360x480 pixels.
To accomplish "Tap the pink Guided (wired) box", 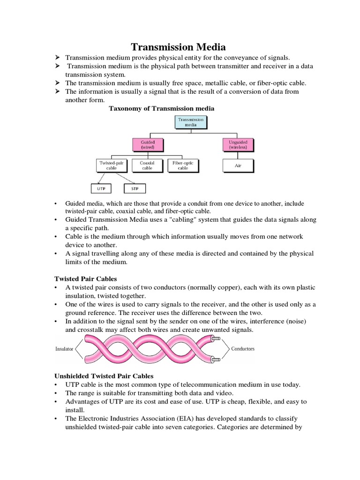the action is [x=148, y=145].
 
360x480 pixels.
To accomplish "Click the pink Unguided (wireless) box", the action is [x=238, y=145].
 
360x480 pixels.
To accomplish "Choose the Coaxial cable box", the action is [x=147, y=165].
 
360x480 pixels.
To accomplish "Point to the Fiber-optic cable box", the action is [x=183, y=165].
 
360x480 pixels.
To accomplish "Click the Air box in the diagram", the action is [x=238, y=165].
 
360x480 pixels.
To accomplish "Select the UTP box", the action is [x=102, y=188].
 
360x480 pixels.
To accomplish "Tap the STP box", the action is [x=135, y=188].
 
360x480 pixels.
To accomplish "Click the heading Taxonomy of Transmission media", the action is [x=162, y=108].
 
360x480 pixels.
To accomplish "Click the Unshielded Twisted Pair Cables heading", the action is [x=104, y=375].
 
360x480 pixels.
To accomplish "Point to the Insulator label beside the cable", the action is [x=64, y=349].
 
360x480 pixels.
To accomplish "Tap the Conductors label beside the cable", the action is [x=243, y=349].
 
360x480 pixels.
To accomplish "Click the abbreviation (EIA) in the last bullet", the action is [x=185, y=418].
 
